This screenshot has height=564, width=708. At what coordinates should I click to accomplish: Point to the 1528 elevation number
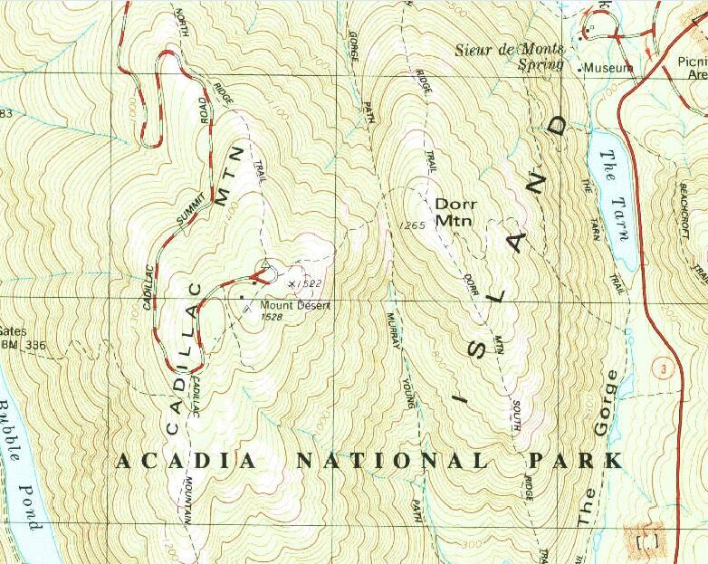tap(272, 318)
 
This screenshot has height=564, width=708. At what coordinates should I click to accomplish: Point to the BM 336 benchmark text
tap(22, 345)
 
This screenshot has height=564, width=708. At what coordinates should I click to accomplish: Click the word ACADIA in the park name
tap(189, 462)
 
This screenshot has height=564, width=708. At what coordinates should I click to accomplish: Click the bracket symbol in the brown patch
tap(648, 540)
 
